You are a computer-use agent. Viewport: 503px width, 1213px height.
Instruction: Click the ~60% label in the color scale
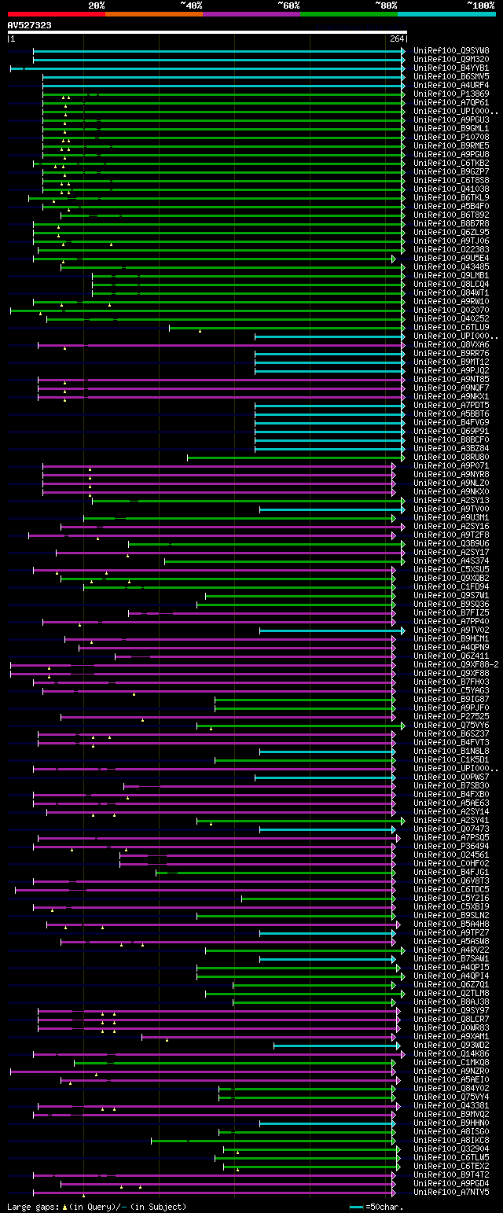(288, 5)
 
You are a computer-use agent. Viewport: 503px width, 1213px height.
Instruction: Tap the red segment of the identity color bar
(56, 13)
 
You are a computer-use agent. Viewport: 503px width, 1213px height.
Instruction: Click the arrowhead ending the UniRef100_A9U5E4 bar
(394, 258)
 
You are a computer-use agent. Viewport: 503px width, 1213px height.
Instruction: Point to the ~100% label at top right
(480, 5)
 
